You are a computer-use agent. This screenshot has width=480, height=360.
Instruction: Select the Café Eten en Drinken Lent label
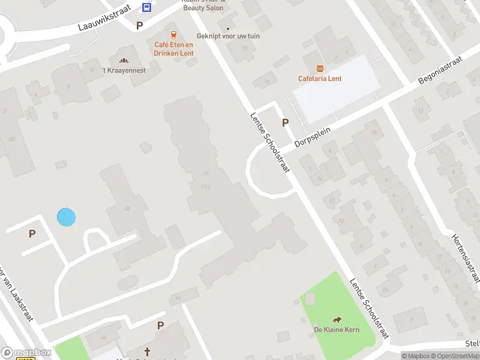[x=173, y=49]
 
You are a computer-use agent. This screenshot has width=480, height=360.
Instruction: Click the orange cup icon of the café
[x=173, y=35]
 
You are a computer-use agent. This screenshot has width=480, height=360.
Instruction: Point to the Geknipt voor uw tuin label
[x=229, y=36]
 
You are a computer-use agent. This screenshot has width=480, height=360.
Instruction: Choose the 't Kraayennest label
[x=124, y=70]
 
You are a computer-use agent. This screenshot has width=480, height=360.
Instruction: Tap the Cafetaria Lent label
[x=320, y=79]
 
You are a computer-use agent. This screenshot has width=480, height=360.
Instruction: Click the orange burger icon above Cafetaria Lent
[x=320, y=68]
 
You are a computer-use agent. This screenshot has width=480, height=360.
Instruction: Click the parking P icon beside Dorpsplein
[x=286, y=122]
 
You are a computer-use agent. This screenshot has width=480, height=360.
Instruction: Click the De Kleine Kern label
[x=336, y=329]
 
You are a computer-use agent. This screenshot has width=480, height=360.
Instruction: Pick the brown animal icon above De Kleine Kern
[x=336, y=319]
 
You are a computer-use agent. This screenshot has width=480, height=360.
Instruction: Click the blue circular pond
[x=66, y=217]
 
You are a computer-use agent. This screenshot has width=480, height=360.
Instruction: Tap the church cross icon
[x=147, y=351]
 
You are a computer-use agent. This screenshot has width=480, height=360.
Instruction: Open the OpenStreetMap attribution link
[x=454, y=356]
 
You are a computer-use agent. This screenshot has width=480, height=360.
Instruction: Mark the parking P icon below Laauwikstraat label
[x=140, y=25]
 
